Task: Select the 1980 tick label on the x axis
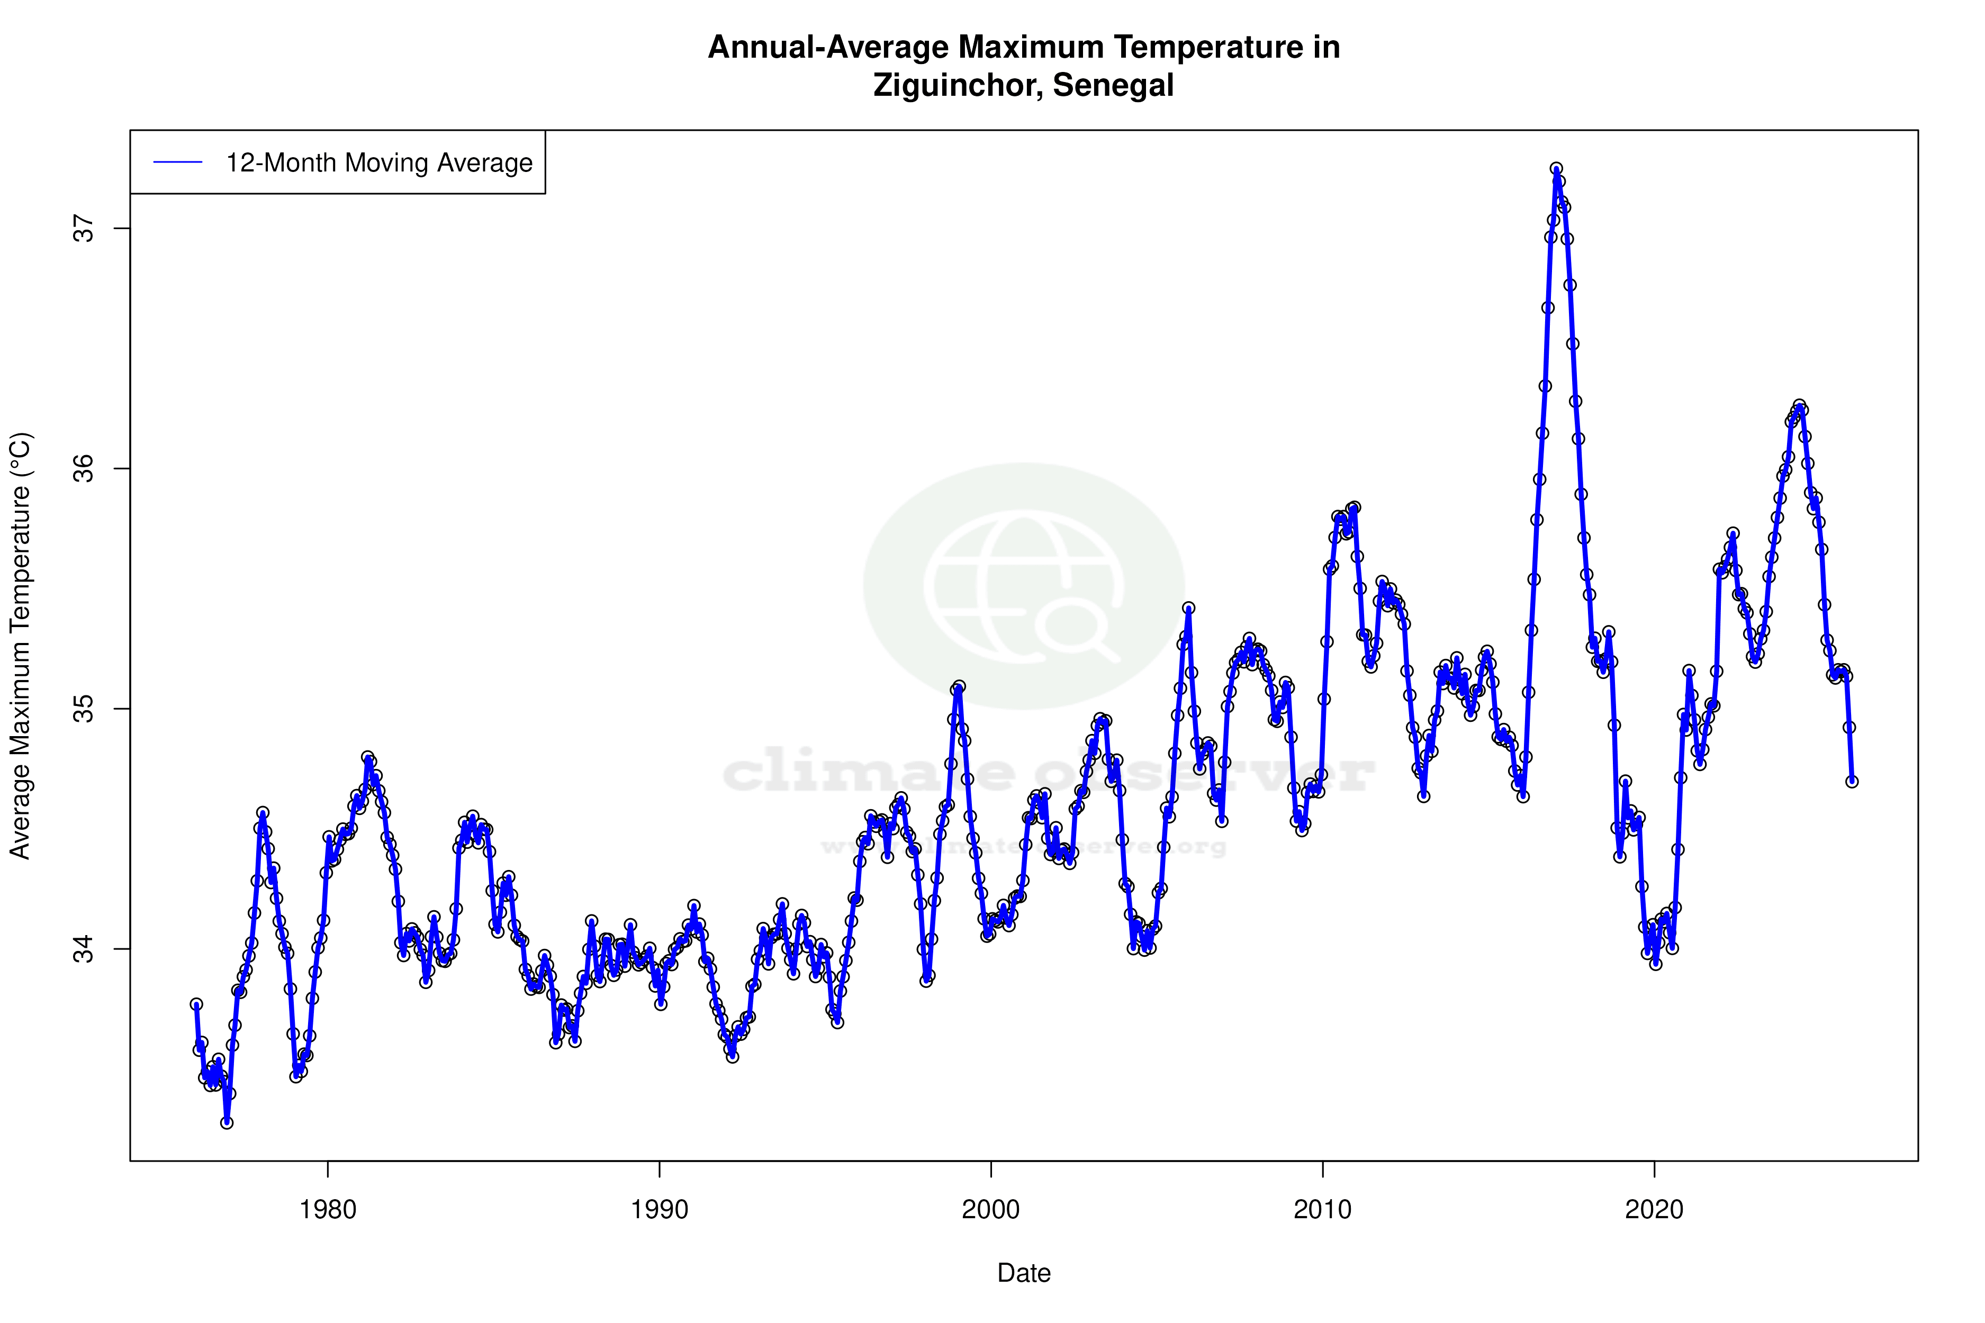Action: [328, 1210]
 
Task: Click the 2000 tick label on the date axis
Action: [991, 1210]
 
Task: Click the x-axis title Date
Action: [1024, 1273]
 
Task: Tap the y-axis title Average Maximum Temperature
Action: [20, 646]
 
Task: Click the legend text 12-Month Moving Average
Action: [379, 163]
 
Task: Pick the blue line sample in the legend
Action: [178, 163]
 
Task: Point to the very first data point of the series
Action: [196, 1004]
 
